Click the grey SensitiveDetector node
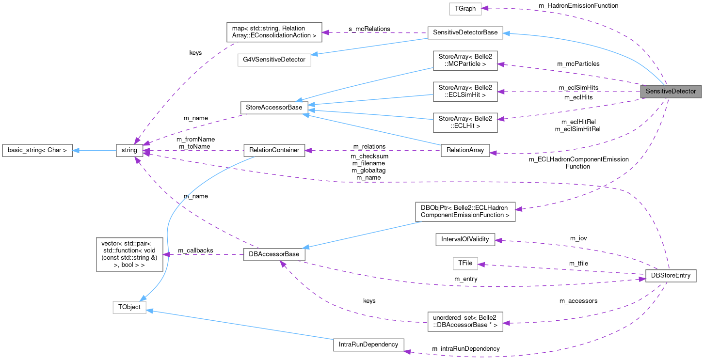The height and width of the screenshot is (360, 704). click(x=671, y=91)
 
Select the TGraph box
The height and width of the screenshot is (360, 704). click(x=465, y=8)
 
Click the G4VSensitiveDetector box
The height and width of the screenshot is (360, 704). click(x=274, y=60)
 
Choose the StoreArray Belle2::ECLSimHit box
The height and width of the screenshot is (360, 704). click(x=465, y=91)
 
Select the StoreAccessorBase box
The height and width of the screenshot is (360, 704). click(x=274, y=107)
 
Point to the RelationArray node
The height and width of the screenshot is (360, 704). click(x=465, y=150)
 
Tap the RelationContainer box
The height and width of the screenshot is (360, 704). click(x=274, y=150)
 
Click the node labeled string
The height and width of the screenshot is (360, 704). click(x=129, y=150)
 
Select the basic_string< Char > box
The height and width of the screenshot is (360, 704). click(x=37, y=150)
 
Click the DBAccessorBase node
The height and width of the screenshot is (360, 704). click(x=274, y=254)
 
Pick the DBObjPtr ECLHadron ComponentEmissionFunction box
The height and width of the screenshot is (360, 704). click(x=465, y=211)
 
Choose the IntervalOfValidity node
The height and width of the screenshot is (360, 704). click(x=465, y=239)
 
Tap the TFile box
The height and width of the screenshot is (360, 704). click(x=465, y=264)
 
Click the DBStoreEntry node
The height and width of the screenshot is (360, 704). click(x=671, y=276)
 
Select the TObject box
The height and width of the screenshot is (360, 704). click(x=129, y=307)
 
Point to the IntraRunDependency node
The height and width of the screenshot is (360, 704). click(x=368, y=344)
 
